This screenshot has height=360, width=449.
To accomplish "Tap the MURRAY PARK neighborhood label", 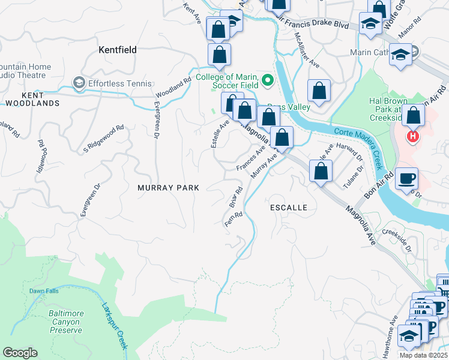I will point(168,188).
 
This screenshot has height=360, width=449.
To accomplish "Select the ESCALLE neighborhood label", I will point(289,208).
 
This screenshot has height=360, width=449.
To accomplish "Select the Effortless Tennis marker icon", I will point(78,82).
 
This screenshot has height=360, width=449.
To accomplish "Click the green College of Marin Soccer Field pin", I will point(268,79).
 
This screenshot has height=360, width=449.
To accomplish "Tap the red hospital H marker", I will point(412,137).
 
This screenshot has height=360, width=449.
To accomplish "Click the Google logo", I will point(20,353).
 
